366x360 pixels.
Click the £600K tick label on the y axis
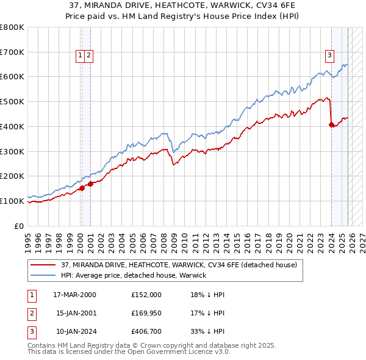click(12, 77)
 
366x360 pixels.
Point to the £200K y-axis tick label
click(12, 176)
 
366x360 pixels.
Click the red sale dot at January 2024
click(331, 125)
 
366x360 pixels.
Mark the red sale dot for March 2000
click(82, 188)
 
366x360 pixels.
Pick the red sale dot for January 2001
click(90, 183)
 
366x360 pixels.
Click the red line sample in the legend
click(43, 265)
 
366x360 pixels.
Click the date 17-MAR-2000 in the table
click(74, 294)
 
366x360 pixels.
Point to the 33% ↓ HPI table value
click(207, 333)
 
